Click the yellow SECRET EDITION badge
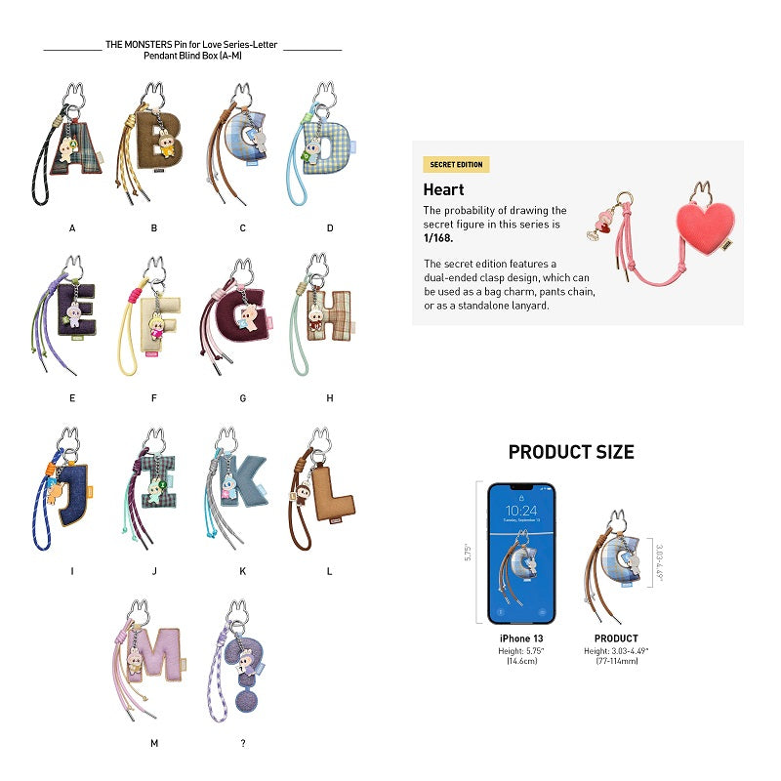(456, 165)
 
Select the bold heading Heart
(444, 189)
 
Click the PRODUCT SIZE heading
(571, 452)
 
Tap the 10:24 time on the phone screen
(521, 511)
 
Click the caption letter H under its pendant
(330, 398)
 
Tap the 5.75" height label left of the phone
(476, 552)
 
